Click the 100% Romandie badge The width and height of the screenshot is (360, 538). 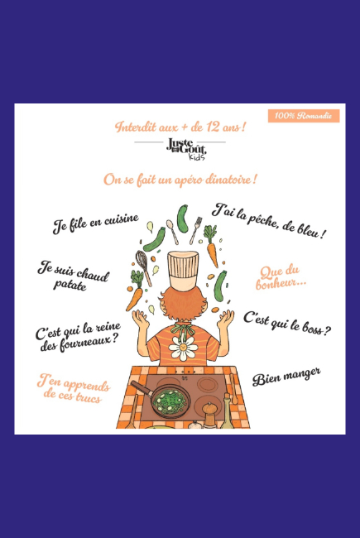pyautogui.click(x=304, y=116)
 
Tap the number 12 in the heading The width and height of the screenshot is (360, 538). pyautogui.click(x=213, y=127)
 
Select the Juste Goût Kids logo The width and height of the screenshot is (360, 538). pyautogui.click(x=186, y=149)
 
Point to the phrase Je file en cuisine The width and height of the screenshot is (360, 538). pyautogui.click(x=96, y=223)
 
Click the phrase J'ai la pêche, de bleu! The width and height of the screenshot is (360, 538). pyautogui.click(x=269, y=220)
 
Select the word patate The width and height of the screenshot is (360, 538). pyautogui.click(x=70, y=285)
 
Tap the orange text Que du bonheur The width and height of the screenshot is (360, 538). pyautogui.click(x=281, y=277)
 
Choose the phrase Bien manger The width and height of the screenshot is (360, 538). pyautogui.click(x=286, y=377)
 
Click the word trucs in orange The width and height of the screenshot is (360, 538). pyautogui.click(x=89, y=397)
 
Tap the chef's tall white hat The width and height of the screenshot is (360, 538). pyautogui.click(x=183, y=271)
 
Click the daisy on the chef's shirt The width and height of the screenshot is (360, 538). pyautogui.click(x=183, y=348)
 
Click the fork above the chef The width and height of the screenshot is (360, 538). pyautogui.click(x=195, y=230)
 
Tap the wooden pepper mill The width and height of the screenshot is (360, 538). pyautogui.click(x=209, y=415)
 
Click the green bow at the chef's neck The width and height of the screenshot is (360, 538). pyautogui.click(x=184, y=330)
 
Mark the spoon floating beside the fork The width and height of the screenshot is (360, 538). pyautogui.click(x=172, y=232)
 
